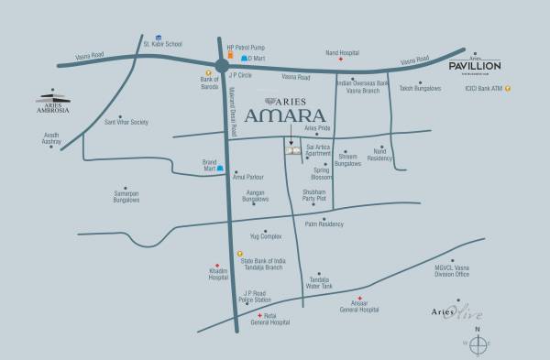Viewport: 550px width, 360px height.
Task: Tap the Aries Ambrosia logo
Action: click(x=53, y=100)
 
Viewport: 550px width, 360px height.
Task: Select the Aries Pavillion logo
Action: click(x=473, y=65)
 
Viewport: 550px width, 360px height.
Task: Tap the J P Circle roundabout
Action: click(x=223, y=65)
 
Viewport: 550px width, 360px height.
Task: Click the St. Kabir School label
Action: click(x=162, y=43)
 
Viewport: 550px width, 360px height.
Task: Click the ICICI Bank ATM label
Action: click(x=484, y=88)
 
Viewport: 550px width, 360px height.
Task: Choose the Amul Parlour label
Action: click(x=249, y=176)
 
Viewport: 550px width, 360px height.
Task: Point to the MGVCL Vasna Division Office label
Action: click(x=451, y=271)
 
